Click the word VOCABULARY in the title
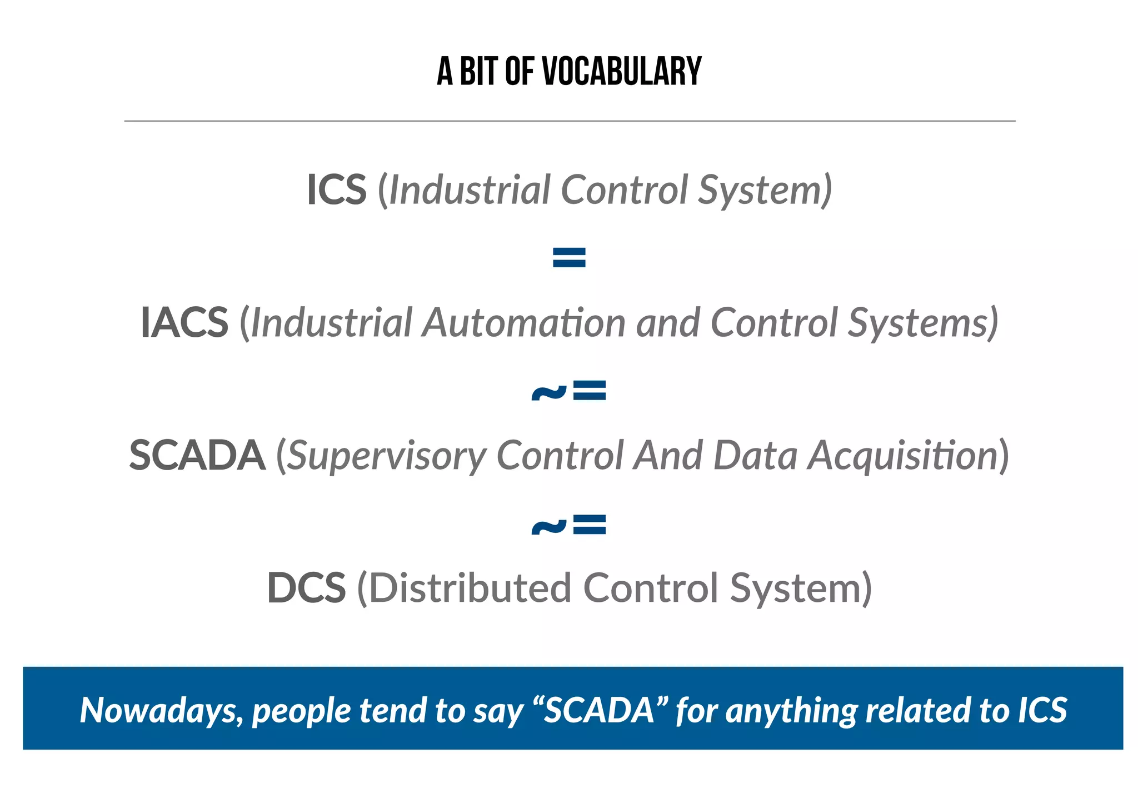[622, 72]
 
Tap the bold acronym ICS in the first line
[337, 190]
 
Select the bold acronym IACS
[184, 322]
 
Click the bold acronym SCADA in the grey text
[197, 456]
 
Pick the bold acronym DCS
[306, 588]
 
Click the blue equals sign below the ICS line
[569, 257]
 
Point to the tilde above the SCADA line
[548, 392]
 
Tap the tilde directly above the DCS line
[548, 526]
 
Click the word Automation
[523, 322]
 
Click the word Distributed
[470, 588]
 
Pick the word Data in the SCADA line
[756, 456]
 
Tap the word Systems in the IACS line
[920, 322]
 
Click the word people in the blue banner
[302, 711]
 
